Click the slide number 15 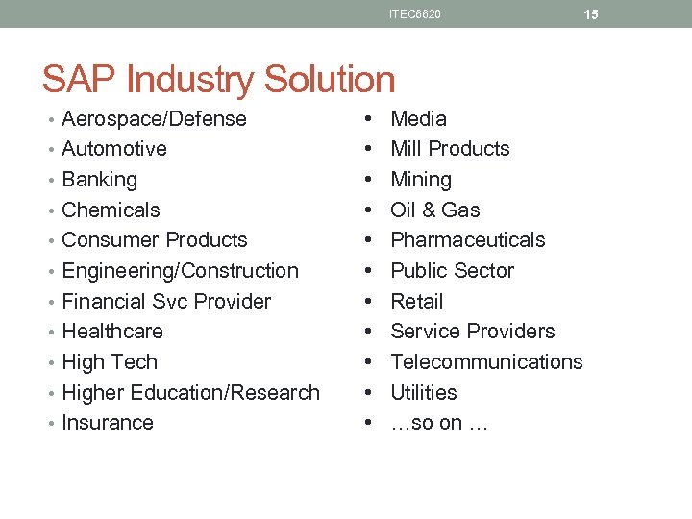tap(590, 14)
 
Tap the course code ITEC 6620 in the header tap(415, 14)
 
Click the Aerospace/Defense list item tap(154, 119)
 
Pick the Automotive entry tap(113, 149)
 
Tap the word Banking tap(99, 180)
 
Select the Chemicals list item tap(111, 210)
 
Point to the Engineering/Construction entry tap(180, 271)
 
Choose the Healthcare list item tap(111, 332)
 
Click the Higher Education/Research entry tap(190, 393)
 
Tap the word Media tap(418, 119)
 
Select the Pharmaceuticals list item tap(467, 240)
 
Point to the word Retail tap(416, 302)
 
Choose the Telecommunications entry tap(486, 362)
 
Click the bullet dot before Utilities tap(369, 393)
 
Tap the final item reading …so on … tap(439, 423)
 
